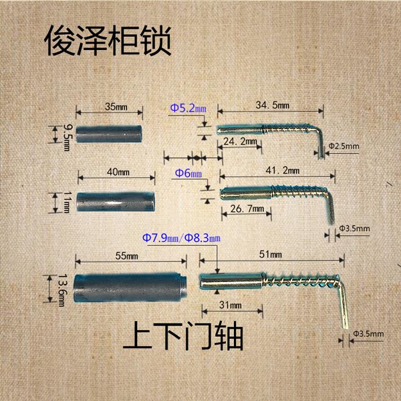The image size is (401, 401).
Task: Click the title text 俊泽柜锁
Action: (108, 41)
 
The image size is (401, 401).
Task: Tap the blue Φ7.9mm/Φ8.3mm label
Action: (181, 237)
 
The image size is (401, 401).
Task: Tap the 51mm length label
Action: (275, 255)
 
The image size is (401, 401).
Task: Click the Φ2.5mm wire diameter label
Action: (344, 146)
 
